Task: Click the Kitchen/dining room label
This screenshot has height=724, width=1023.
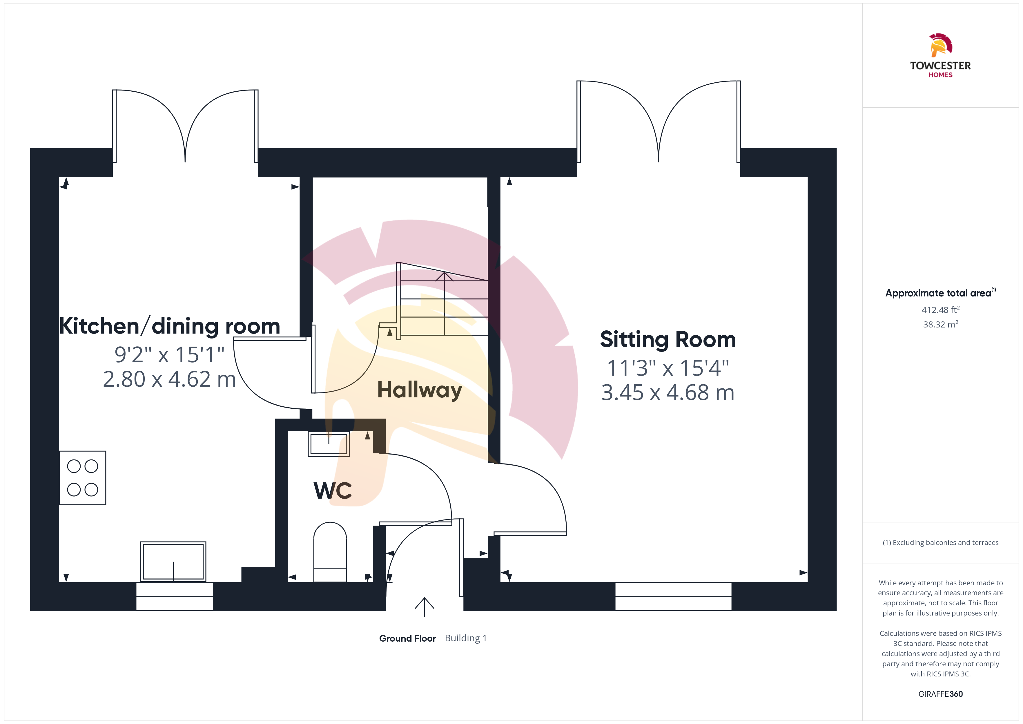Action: point(170,326)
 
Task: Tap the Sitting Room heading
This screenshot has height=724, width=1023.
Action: point(668,340)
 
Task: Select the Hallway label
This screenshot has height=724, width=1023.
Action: point(420,390)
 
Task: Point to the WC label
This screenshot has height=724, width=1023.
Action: point(333,490)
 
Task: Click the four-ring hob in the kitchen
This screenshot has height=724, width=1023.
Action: point(83,478)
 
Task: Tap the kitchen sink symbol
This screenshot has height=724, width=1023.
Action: point(173,562)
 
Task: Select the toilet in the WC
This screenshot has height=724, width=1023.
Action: point(330,552)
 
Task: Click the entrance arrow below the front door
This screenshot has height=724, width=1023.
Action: point(425,607)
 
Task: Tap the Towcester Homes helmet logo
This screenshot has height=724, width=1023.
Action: point(941,45)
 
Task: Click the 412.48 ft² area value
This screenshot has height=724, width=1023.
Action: point(941,309)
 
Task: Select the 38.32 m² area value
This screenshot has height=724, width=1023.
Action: point(941,324)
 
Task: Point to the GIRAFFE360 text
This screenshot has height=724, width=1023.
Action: point(941,694)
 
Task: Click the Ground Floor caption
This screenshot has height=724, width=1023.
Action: point(407,638)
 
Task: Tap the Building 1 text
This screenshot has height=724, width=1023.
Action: point(466,638)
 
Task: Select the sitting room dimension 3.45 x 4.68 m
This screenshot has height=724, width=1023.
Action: point(668,393)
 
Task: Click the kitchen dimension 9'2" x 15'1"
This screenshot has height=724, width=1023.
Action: point(170,355)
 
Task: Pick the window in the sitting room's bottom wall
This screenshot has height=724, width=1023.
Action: point(673,596)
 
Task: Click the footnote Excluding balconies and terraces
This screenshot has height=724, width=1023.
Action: point(941,542)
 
